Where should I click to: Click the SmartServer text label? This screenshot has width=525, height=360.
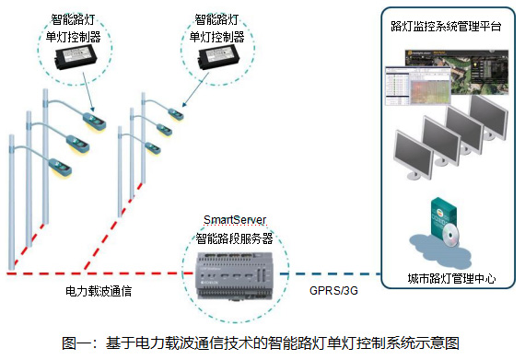(x=235, y=220)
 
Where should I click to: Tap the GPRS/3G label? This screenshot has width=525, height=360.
(x=333, y=290)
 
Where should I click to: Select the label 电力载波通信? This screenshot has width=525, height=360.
(x=99, y=291)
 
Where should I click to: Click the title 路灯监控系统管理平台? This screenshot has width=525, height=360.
(x=446, y=27)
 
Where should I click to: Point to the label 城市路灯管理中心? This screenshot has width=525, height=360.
(x=451, y=278)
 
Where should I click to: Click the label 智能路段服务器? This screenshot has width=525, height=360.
(x=234, y=238)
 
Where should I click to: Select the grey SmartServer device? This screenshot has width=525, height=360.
(x=235, y=275)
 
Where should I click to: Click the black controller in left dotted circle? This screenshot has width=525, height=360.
(x=76, y=58)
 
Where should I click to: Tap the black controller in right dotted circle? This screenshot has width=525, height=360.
(x=218, y=57)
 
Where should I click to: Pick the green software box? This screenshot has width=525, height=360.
(x=443, y=217)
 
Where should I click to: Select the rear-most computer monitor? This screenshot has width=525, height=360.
(x=489, y=117)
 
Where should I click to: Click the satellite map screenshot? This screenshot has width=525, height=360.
(x=458, y=72)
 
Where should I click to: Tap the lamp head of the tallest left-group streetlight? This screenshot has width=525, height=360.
(x=95, y=121)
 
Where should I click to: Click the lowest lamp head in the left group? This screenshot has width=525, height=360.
(x=60, y=167)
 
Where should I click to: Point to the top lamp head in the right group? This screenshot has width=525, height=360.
(x=175, y=114)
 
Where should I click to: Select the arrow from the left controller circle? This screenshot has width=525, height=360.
(x=88, y=92)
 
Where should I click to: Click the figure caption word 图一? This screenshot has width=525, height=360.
(x=76, y=343)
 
